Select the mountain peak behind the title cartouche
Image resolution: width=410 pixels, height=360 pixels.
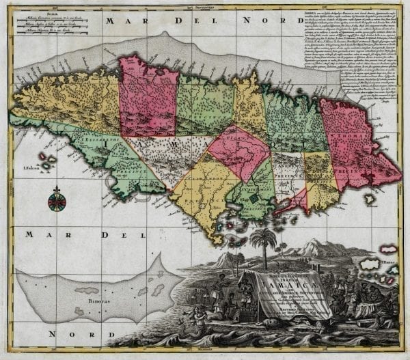[x=311, y=243]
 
